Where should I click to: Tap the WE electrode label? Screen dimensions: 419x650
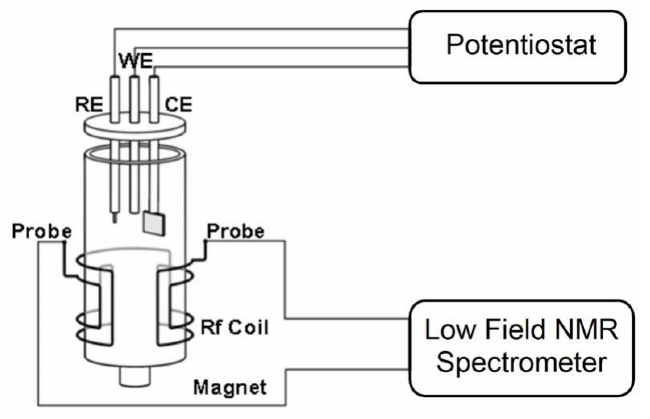[135, 61]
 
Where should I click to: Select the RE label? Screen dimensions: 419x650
[89, 105]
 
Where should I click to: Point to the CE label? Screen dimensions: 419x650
[178, 105]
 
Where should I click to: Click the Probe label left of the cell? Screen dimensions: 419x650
[42, 232]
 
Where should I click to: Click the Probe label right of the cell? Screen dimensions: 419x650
[235, 232]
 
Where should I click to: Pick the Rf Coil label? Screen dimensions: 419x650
[235, 328]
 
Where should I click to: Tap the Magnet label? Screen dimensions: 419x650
[230, 387]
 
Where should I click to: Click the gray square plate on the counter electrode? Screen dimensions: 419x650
[154, 223]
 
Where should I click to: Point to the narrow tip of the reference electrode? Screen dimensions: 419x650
[115, 218]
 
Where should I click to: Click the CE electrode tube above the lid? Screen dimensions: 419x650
[154, 99]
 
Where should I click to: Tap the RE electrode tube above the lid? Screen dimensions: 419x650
[115, 99]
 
